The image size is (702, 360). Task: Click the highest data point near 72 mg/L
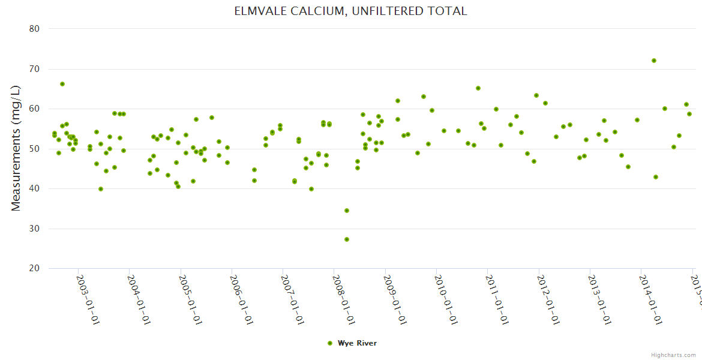[x=654, y=61]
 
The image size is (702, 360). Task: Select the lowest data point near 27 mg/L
[x=347, y=239]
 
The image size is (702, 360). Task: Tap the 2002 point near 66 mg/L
[x=62, y=84]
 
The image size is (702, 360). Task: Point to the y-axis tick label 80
[x=34, y=29]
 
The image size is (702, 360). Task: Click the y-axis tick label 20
[x=34, y=269]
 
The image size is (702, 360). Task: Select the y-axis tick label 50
[x=34, y=149]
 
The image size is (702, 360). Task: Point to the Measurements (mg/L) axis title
[x=16, y=148]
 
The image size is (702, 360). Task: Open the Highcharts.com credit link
[x=674, y=355]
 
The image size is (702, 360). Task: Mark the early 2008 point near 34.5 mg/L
[x=347, y=211]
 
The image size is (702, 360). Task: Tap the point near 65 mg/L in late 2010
[x=478, y=88]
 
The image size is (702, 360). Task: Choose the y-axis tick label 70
[x=34, y=69]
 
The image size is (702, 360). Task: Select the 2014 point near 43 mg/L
[x=656, y=177]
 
